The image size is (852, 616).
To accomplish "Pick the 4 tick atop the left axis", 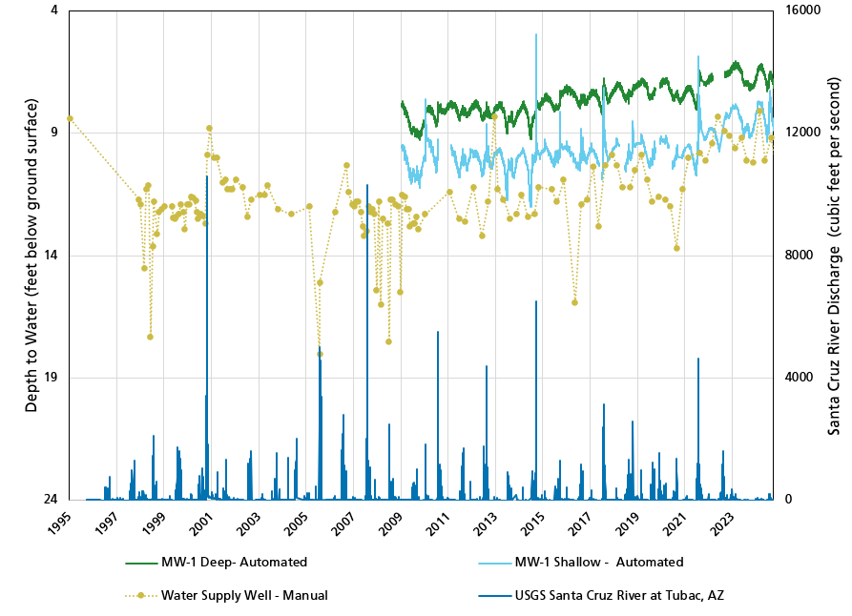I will (x=53, y=10).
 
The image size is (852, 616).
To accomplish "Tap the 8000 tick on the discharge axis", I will (x=798, y=256).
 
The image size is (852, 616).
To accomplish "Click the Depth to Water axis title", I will (x=31, y=256).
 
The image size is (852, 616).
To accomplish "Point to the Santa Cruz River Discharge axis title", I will (x=833, y=256).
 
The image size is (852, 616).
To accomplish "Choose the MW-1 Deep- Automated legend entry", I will (x=234, y=562).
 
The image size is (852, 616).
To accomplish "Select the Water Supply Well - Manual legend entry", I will (x=244, y=595).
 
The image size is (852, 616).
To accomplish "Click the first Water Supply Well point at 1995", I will (x=70, y=118).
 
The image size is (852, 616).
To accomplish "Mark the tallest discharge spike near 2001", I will (x=207, y=177).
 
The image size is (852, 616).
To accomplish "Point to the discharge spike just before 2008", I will (x=367, y=187).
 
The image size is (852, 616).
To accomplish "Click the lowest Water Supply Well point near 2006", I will (x=320, y=354).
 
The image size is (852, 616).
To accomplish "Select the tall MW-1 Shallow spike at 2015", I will (x=536, y=35).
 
